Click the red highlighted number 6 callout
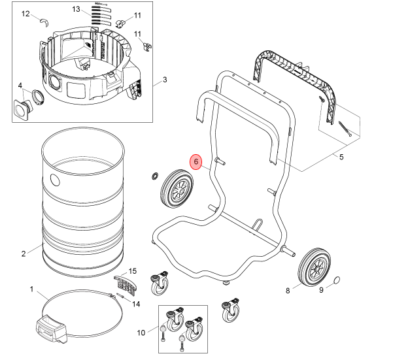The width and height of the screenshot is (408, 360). click(196, 161)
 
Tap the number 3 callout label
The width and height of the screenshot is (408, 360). click(165, 80)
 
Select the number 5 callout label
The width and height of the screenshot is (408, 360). click(341, 157)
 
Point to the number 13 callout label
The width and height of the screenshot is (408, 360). click(76, 9)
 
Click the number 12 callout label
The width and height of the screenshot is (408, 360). click(25, 14)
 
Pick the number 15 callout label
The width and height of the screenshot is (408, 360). click(133, 271)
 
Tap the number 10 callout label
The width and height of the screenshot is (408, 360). click(141, 333)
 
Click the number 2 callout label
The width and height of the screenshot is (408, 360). click(24, 254)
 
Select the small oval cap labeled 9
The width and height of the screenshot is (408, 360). click(337, 280)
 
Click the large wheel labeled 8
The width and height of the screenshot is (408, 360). click(314, 267)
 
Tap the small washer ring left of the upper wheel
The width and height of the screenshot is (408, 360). click(154, 176)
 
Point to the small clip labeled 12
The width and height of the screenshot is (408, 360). click(44, 22)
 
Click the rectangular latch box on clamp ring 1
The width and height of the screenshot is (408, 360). click(51, 329)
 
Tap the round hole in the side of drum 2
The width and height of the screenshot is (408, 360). click(55, 180)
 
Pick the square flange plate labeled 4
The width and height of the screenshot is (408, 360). click(22, 110)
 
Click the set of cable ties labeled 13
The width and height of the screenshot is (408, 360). click(101, 15)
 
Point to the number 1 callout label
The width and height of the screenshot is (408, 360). click(31, 289)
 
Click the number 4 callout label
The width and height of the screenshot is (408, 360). click(20, 86)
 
